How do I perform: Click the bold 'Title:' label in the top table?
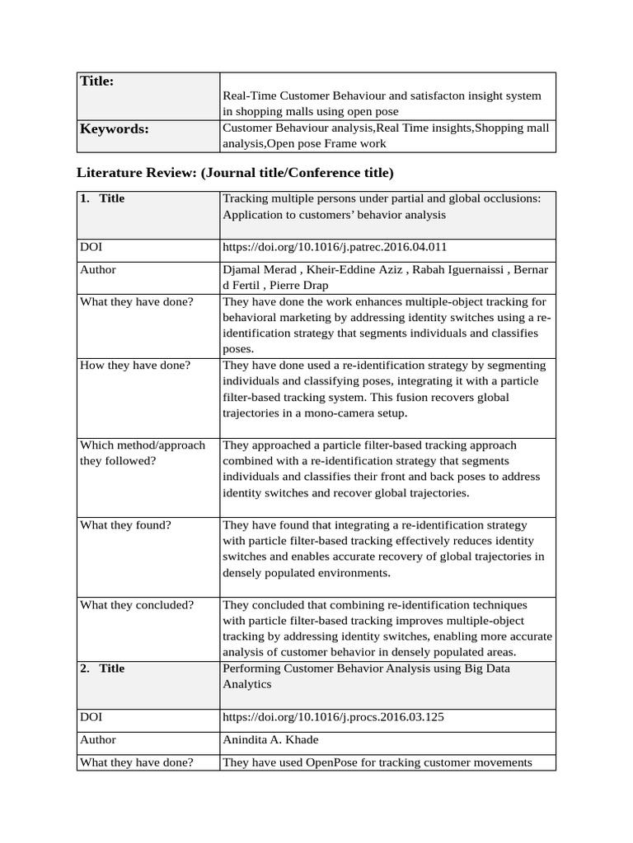[x=96, y=81]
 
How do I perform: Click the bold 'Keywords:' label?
[x=114, y=128]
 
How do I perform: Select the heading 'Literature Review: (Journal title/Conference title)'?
[x=235, y=173]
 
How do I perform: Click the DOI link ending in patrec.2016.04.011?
[x=335, y=246]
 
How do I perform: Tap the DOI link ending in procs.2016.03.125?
[x=333, y=716]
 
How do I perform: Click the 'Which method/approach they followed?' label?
[x=142, y=453]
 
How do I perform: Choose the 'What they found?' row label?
[x=125, y=524]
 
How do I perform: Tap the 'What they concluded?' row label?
[x=137, y=604]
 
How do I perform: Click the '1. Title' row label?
[x=102, y=198]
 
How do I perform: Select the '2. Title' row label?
[x=102, y=668]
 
